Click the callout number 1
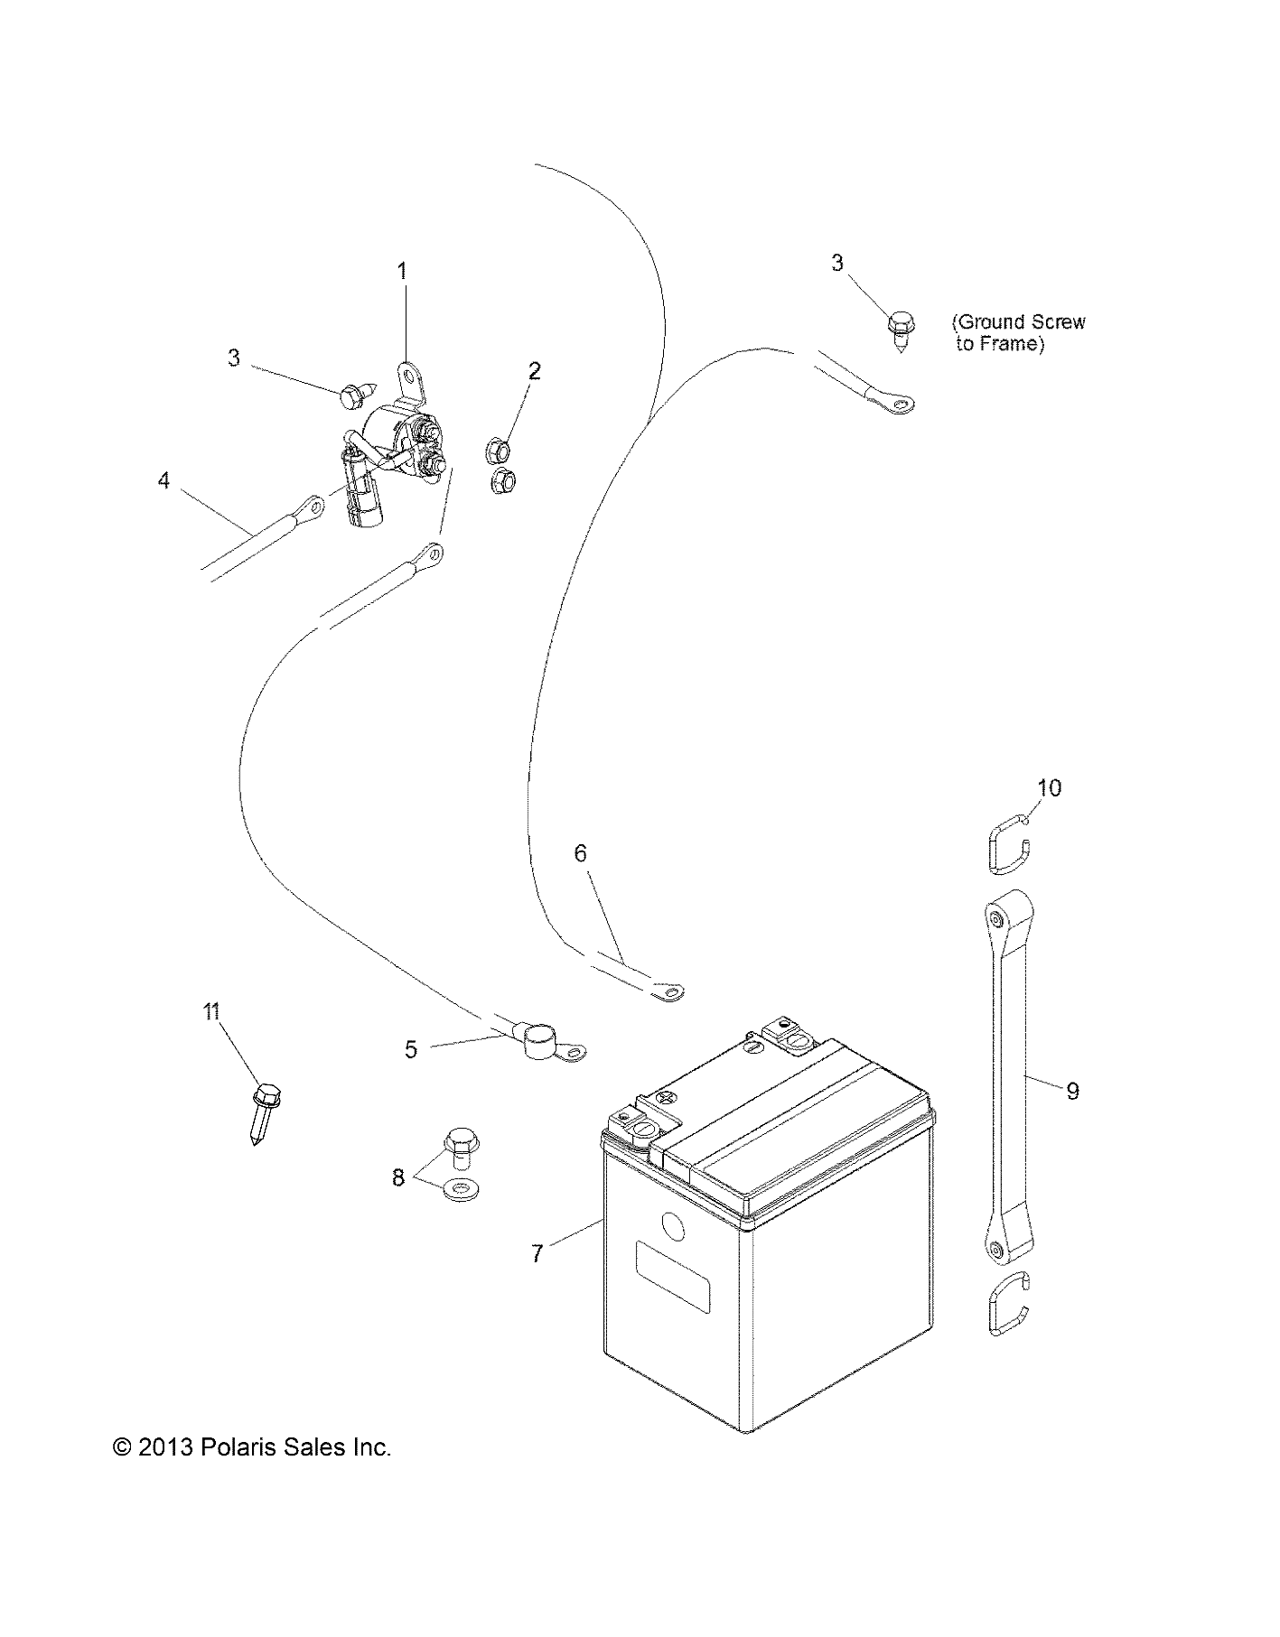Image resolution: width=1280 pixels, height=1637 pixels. click(403, 271)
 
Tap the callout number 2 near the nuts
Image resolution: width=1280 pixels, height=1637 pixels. click(535, 371)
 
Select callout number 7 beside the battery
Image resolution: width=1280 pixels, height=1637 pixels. click(537, 1253)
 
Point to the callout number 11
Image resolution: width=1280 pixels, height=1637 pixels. click(211, 1011)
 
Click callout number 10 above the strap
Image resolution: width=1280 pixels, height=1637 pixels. click(1049, 787)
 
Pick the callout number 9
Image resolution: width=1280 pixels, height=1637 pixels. click(1072, 1091)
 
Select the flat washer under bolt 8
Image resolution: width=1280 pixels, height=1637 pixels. click(462, 1188)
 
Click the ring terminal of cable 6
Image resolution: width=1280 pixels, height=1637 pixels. click(667, 992)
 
